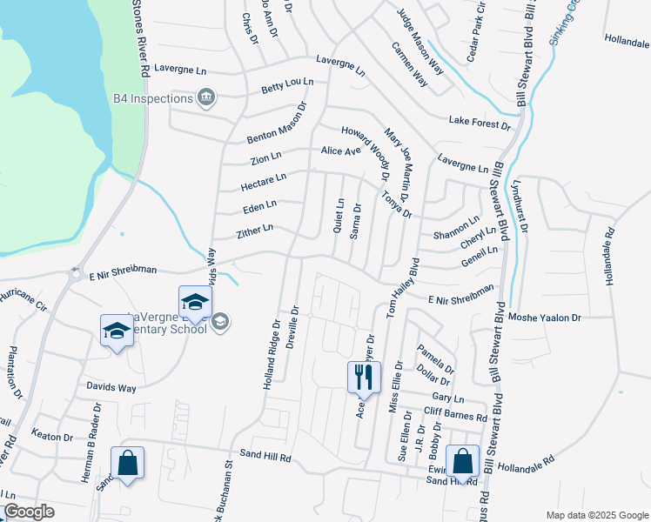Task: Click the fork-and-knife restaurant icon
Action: click(x=364, y=378)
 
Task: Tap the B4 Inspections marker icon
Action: click(x=206, y=97)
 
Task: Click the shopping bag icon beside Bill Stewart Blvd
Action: click(x=463, y=462)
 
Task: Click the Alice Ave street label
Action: click(x=340, y=151)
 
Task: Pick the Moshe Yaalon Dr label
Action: click(x=545, y=318)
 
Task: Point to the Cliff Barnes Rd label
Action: click(x=455, y=416)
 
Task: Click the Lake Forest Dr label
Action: click(x=480, y=123)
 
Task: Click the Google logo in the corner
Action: click(x=29, y=512)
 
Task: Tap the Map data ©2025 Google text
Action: click(x=596, y=515)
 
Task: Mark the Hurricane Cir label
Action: click(x=22, y=302)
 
